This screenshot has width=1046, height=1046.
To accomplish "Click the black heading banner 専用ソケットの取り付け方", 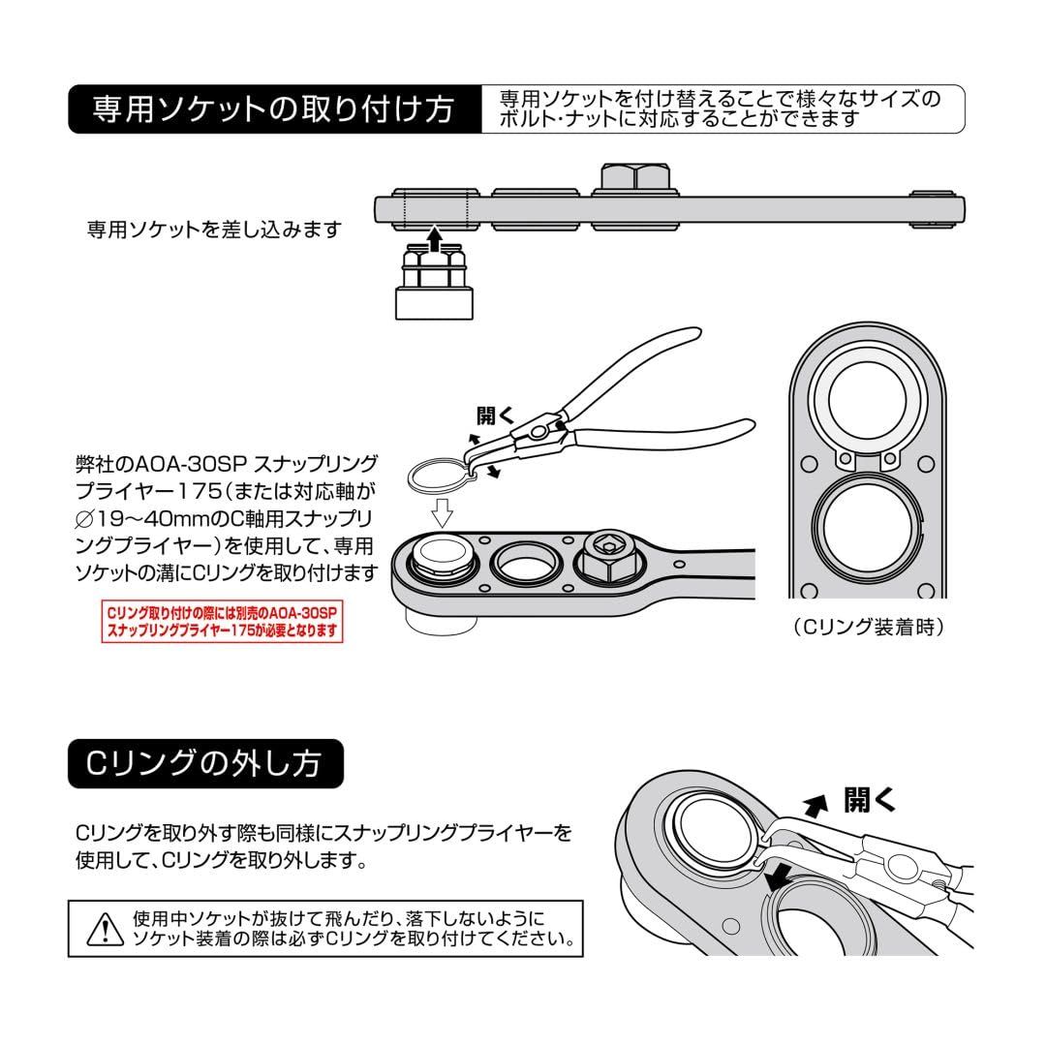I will (x=274, y=108).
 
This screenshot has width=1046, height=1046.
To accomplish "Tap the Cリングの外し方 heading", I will (x=206, y=764).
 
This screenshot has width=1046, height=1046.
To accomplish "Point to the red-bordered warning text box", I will (x=223, y=622).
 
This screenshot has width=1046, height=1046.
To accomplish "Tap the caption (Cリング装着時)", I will (x=867, y=627).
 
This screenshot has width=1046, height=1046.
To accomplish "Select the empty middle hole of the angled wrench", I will (x=523, y=560).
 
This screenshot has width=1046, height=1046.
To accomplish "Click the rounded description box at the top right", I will (x=722, y=108).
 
